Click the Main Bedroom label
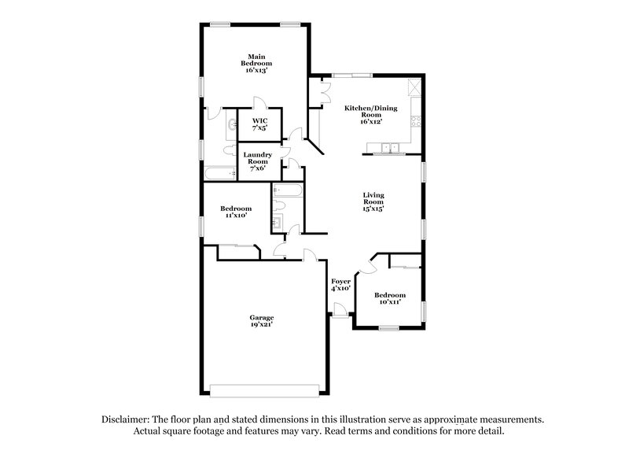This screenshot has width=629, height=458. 255,60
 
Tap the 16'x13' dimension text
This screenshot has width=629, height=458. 255,70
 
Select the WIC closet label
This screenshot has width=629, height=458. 260,120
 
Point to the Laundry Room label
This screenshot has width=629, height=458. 258,157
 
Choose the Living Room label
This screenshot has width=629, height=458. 373,198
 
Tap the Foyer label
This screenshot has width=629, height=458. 340,281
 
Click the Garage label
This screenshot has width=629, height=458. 263,317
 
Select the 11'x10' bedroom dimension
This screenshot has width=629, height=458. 236,215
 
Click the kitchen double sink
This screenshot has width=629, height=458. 388,147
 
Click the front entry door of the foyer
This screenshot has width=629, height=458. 339,314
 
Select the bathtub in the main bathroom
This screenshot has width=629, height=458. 219,175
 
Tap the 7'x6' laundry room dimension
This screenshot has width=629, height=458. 258,168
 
